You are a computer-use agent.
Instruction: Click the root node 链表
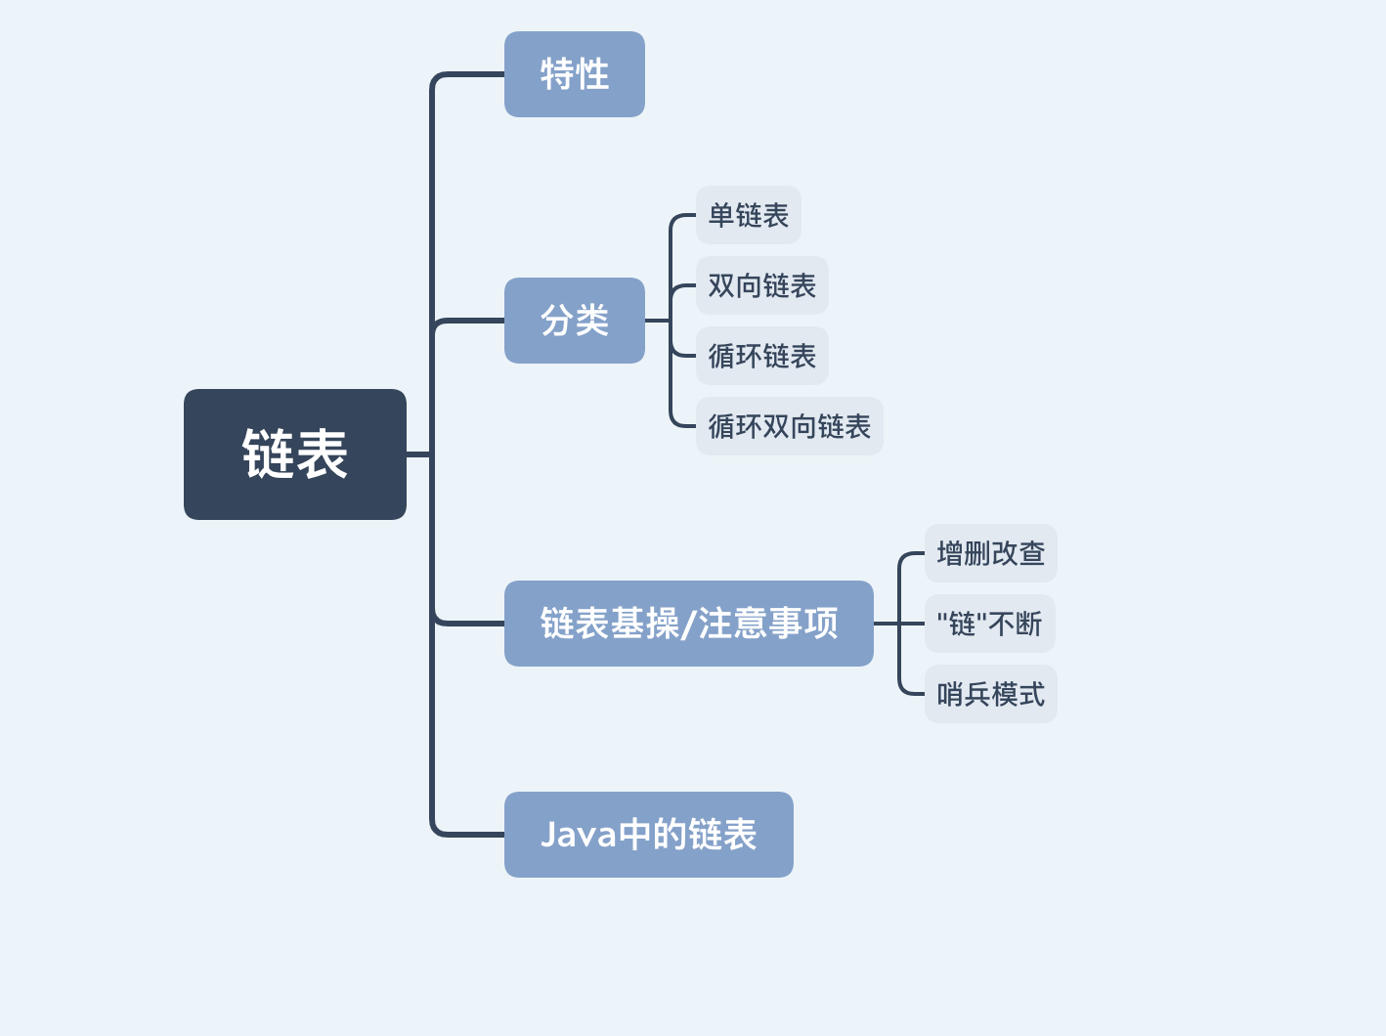(x=294, y=454)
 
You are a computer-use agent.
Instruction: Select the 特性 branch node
(x=574, y=74)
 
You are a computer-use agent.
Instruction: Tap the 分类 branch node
(x=574, y=321)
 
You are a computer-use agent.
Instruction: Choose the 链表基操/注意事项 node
(x=688, y=624)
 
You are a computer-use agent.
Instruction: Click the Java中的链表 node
(x=648, y=835)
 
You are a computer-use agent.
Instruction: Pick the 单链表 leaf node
(x=748, y=215)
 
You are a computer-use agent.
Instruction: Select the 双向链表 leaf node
(x=761, y=285)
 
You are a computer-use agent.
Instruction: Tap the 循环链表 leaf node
(x=761, y=356)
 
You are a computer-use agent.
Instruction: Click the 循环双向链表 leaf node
(x=789, y=426)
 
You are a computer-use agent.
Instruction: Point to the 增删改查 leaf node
(x=990, y=553)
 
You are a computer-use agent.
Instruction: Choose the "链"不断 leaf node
(x=989, y=624)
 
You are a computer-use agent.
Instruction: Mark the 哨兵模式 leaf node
(x=990, y=694)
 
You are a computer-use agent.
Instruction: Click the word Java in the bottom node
(x=579, y=835)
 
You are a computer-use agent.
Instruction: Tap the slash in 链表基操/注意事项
(x=689, y=624)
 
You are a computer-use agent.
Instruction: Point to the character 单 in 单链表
(x=721, y=215)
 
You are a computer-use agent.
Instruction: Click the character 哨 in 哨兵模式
(x=950, y=694)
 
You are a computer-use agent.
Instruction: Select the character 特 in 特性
(x=557, y=74)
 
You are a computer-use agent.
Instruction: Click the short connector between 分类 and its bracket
(x=657, y=321)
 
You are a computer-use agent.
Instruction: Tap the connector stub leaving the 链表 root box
(x=418, y=454)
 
